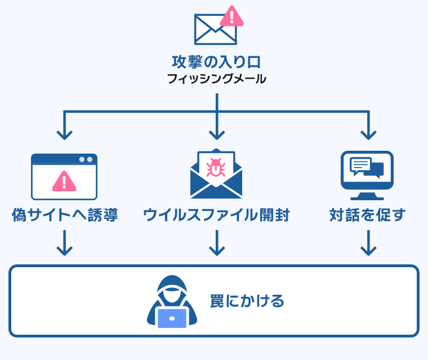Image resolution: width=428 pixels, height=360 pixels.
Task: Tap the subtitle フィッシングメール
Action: [x=216, y=79]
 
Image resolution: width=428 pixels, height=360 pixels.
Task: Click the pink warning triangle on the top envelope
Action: [x=231, y=17]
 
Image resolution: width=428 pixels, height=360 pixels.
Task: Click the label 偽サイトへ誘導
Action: [x=65, y=215]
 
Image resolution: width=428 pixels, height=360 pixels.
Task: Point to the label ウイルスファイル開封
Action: [x=216, y=215]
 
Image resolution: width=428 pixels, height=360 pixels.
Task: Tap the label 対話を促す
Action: [x=367, y=215]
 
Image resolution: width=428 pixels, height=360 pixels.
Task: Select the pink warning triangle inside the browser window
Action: [x=64, y=181]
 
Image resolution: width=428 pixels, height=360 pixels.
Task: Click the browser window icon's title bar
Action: [x=64, y=159]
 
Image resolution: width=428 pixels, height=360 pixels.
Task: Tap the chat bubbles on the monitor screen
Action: [x=367, y=167]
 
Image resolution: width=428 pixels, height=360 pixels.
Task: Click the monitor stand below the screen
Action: [x=367, y=196]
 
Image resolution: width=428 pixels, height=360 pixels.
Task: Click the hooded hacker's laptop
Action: [x=172, y=318]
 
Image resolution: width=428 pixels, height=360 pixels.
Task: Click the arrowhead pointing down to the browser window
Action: [x=64, y=135]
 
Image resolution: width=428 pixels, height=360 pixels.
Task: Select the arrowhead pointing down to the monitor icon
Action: [x=368, y=135]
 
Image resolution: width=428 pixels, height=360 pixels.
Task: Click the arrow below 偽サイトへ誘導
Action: [x=65, y=243]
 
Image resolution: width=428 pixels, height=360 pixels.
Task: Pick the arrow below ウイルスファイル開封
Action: [x=217, y=243]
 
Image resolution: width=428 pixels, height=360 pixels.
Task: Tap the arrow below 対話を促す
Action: [x=368, y=243]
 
